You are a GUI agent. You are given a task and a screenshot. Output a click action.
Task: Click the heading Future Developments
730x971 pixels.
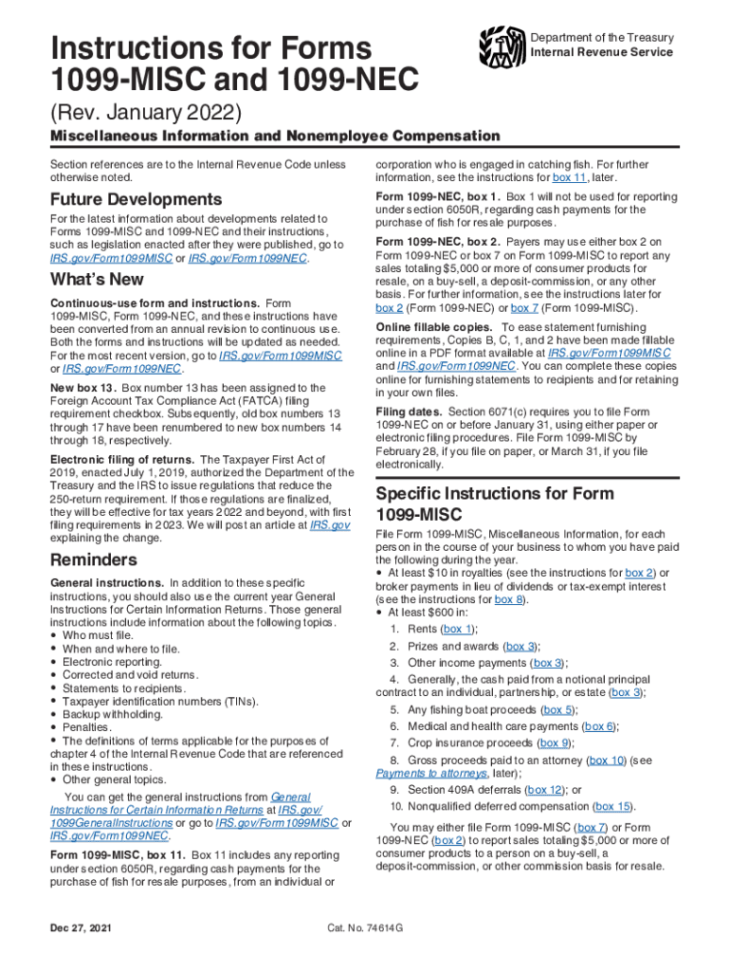pos(136,200)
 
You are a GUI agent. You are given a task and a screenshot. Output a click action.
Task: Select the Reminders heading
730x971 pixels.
pos(93,559)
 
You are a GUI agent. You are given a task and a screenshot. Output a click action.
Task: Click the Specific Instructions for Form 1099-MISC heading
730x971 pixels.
pos(495,504)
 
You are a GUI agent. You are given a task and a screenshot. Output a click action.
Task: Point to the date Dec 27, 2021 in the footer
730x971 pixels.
pos(85,927)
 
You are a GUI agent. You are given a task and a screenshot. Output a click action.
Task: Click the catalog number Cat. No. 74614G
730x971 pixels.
pos(365,927)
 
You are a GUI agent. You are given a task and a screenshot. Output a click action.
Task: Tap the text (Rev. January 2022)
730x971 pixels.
pos(147,113)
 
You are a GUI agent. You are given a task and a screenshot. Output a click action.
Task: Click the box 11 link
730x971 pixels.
pos(571,177)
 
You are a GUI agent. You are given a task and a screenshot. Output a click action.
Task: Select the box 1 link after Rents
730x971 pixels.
pos(457,629)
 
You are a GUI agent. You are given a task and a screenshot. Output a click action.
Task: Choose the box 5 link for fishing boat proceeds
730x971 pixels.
pos(557,709)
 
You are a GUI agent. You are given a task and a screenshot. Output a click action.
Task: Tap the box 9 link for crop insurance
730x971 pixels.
pos(555,743)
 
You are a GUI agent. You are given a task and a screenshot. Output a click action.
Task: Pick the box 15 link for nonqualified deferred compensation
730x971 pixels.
pos(612,807)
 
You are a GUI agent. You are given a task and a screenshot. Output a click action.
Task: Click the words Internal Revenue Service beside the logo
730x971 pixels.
pos(602,52)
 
